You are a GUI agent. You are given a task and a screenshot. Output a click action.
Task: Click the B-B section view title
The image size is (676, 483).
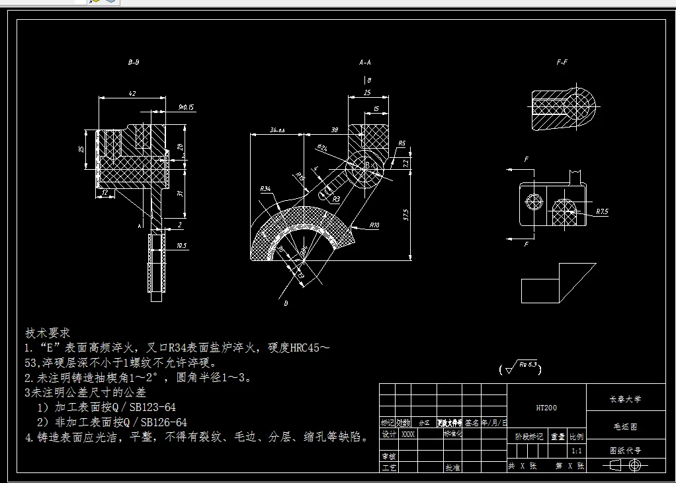[133, 63]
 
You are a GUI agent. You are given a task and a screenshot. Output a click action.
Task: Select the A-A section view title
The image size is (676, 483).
[364, 63]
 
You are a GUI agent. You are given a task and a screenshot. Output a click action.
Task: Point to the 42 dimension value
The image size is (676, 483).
[132, 94]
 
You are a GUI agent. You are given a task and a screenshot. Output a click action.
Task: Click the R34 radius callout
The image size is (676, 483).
[265, 189]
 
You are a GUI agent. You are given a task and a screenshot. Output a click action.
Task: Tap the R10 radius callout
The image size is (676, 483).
[374, 225]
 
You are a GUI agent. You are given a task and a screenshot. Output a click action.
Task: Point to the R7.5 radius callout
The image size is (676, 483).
[601, 212]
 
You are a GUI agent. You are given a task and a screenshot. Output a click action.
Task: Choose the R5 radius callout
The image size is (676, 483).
[401, 143]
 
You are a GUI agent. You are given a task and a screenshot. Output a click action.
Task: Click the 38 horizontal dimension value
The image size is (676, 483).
[335, 130]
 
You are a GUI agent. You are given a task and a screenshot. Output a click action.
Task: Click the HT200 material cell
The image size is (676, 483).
[546, 408]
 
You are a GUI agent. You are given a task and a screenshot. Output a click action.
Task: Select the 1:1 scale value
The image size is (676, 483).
[577, 451]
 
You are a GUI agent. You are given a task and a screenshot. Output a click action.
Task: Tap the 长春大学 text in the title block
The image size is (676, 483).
[624, 399]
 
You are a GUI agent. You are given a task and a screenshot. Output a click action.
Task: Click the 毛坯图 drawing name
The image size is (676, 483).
[624, 426]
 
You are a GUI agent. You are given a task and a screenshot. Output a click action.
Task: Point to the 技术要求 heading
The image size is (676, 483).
[48, 332]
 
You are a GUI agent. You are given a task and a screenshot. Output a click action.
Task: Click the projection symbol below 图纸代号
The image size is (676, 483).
[624, 465]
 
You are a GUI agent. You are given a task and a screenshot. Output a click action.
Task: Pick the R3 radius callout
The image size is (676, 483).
[336, 198]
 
